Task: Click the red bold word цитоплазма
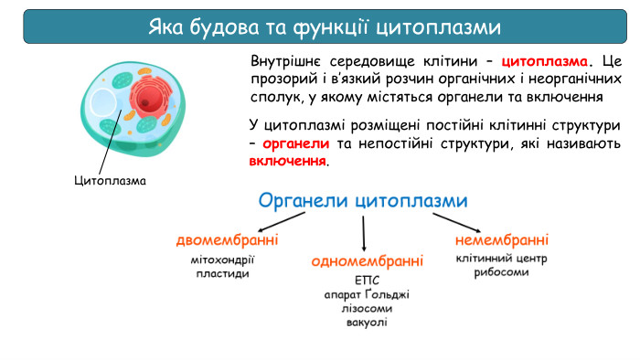click(x=545, y=62)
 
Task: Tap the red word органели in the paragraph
click(x=295, y=144)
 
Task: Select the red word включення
click(x=287, y=161)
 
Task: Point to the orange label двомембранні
click(x=227, y=240)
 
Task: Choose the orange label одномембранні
click(x=367, y=261)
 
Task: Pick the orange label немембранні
click(x=501, y=240)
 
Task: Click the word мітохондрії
click(x=223, y=259)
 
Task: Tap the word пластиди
click(x=222, y=273)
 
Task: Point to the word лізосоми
click(x=367, y=308)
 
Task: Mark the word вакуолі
click(x=367, y=323)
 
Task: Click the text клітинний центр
click(x=501, y=259)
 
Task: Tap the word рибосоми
click(x=501, y=272)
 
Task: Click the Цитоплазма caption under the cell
click(x=111, y=180)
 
